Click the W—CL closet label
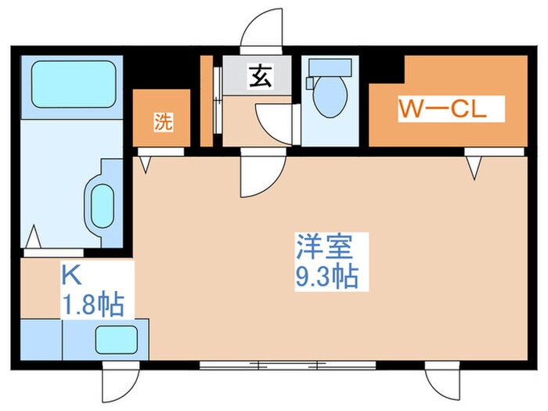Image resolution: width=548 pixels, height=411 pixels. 442,109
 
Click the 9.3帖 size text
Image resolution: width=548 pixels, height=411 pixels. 326,277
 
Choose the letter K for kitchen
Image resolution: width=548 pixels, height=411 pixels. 70,275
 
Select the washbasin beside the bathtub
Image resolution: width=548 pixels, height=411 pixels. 103,206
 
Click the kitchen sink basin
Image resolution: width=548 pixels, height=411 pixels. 115,340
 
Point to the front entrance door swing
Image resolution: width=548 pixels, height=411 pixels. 261,33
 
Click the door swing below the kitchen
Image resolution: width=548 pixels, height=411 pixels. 114,383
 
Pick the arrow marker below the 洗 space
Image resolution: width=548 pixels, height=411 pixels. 146,164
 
